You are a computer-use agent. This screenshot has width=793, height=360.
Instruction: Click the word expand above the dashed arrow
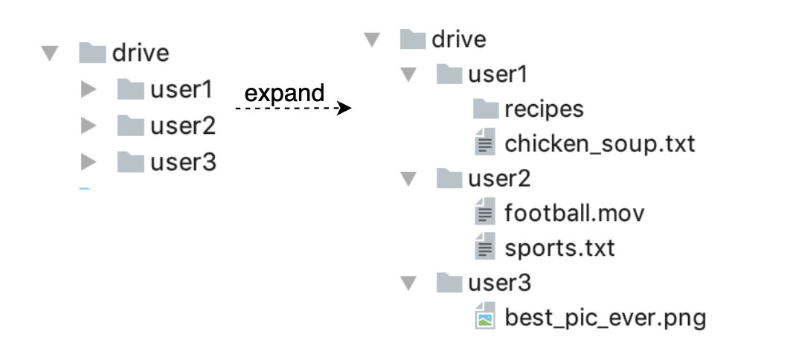coord(285,94)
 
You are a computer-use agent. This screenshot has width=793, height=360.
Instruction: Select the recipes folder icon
coord(485,110)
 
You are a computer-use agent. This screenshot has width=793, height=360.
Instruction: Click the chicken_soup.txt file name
coord(600,144)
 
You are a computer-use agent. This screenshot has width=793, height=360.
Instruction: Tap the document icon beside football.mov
coord(485,214)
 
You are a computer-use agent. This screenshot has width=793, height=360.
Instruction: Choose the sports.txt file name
coord(559,248)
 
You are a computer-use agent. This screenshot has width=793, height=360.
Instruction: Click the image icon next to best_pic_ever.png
coord(485,318)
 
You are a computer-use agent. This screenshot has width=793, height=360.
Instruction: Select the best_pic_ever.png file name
coord(605,318)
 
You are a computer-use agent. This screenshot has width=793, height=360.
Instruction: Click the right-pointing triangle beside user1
coord(89,90)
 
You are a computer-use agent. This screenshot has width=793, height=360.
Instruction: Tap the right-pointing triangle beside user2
coord(89,126)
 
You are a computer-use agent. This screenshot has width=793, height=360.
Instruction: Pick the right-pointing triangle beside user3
coord(89,161)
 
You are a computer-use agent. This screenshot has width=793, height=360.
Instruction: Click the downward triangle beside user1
coord(408,74)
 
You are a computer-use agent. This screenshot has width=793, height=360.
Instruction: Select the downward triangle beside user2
coord(408,179)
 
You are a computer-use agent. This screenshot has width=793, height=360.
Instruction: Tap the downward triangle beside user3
coord(408,283)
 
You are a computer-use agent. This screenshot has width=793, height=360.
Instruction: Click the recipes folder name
coord(544,109)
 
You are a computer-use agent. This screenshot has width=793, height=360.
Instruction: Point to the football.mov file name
coord(574,214)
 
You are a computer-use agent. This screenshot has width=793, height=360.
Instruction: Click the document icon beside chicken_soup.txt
coord(485,144)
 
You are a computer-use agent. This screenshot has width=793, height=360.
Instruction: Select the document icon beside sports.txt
coord(485,248)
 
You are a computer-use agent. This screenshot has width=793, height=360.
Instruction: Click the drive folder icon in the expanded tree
coord(413,39)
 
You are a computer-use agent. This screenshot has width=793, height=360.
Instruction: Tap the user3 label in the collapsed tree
coord(183,161)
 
